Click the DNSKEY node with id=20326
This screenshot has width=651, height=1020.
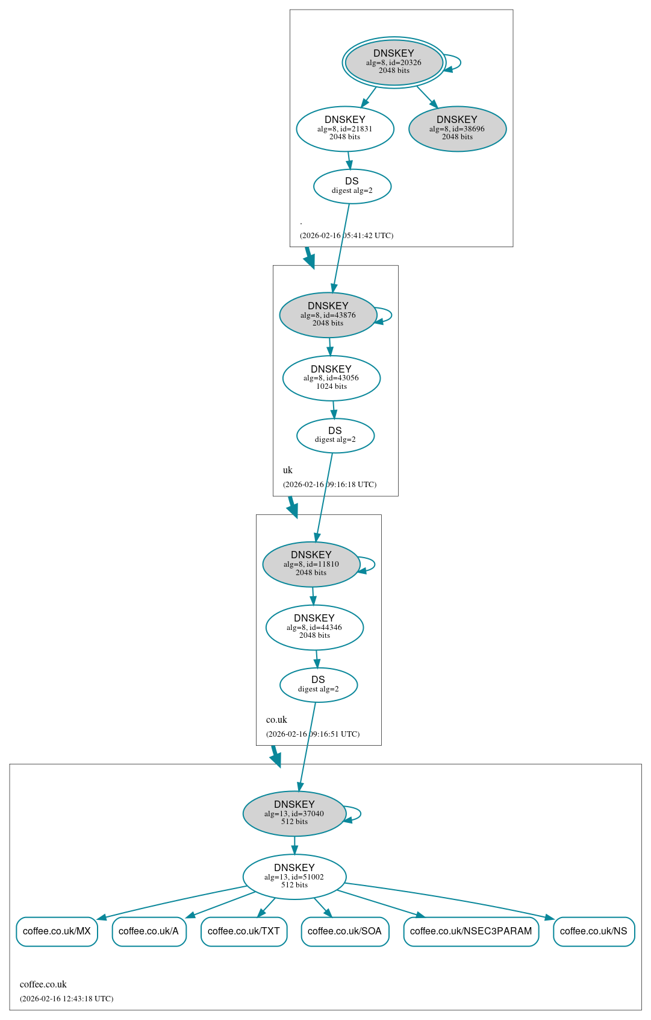[x=394, y=62]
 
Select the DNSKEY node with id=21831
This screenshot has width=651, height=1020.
[x=345, y=128]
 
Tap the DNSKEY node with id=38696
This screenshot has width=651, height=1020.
[x=457, y=128]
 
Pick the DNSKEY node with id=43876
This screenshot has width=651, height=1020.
[x=328, y=315]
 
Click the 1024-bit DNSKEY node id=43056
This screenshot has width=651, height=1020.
[x=331, y=378]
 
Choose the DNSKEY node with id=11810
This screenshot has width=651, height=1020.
[x=311, y=564]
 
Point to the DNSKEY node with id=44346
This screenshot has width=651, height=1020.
[x=314, y=627]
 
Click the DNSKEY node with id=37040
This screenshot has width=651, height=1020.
[x=294, y=813]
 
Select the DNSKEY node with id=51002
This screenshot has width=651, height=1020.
[x=294, y=877]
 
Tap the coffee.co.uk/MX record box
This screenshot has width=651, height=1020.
[x=57, y=931]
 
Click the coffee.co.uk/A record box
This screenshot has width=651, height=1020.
[x=149, y=931]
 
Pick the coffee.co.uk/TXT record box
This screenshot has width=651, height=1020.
[x=244, y=931]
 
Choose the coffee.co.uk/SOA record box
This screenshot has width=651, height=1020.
[x=344, y=931]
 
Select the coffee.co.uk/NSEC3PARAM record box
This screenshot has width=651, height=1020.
[x=471, y=931]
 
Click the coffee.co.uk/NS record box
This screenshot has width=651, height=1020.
[x=593, y=931]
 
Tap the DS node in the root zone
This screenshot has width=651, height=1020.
[x=352, y=186]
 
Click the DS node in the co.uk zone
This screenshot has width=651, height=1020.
[x=319, y=685]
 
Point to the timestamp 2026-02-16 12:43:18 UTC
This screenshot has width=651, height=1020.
[x=66, y=998]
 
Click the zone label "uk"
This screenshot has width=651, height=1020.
[x=288, y=470]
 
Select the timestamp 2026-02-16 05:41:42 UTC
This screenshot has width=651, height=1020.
[x=346, y=235]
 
